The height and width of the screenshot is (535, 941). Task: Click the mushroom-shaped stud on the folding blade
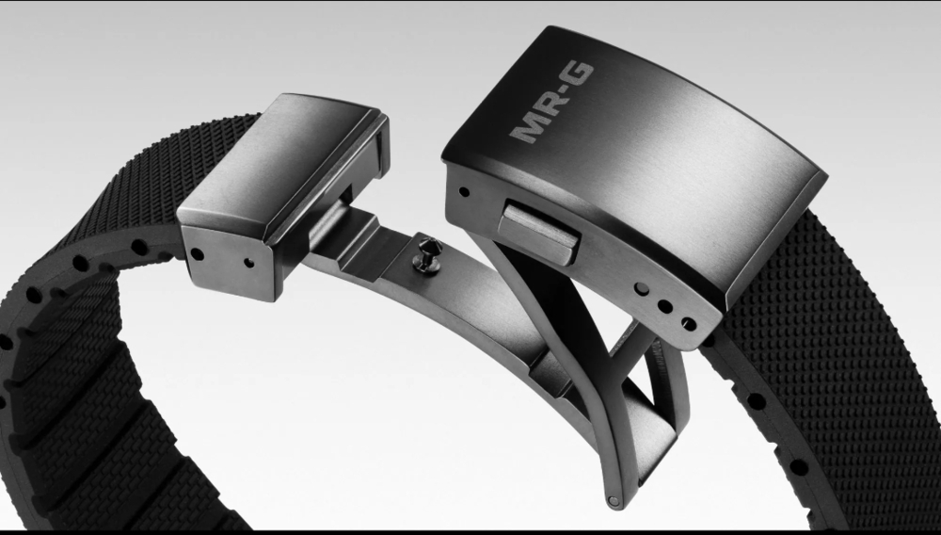pyautogui.click(x=430, y=254)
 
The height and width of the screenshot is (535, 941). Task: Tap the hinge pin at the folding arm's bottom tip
pyautogui.click(x=614, y=500)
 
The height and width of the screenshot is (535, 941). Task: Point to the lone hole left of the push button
pyautogui.click(x=464, y=192)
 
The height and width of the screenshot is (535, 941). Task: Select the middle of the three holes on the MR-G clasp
pyautogui.click(x=664, y=306)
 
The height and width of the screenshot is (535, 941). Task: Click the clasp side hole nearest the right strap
pyautogui.click(x=689, y=324)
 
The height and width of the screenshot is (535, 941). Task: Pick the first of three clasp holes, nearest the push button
pyautogui.click(x=642, y=289)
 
